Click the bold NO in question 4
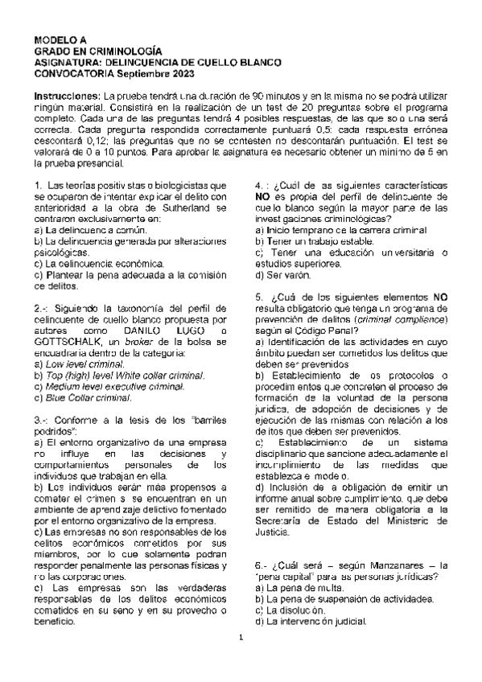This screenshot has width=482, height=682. (x=262, y=196)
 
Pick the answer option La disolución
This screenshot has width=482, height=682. (x=290, y=610)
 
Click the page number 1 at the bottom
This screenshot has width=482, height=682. (x=241, y=661)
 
